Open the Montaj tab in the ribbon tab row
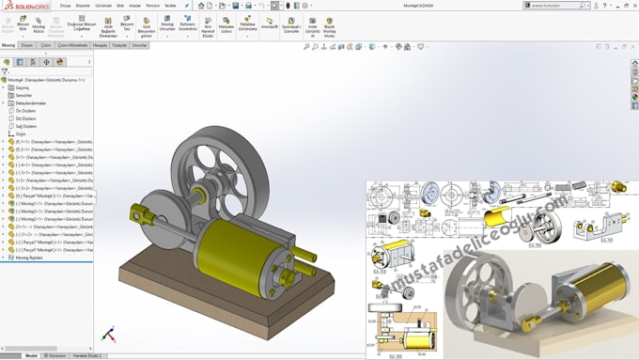8,45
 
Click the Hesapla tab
100,45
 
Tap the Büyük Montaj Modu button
329,25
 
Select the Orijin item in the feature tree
21,133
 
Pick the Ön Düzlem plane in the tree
26,110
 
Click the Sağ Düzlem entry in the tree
27,125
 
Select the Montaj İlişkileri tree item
28,257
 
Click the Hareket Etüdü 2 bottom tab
86,356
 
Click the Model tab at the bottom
31,356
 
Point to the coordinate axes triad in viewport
109,334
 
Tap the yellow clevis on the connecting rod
141,212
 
